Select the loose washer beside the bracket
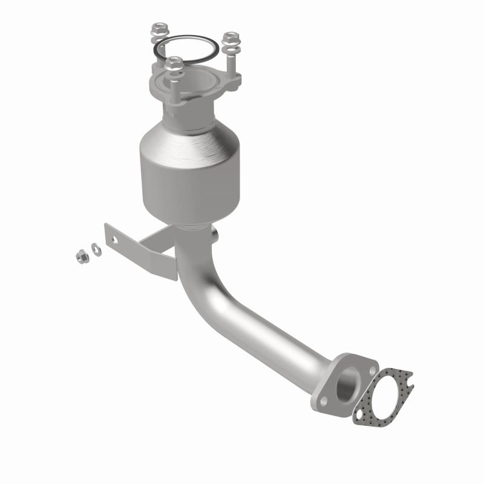[95, 247]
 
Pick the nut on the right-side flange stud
[229, 38]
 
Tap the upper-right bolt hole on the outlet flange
[367, 364]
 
